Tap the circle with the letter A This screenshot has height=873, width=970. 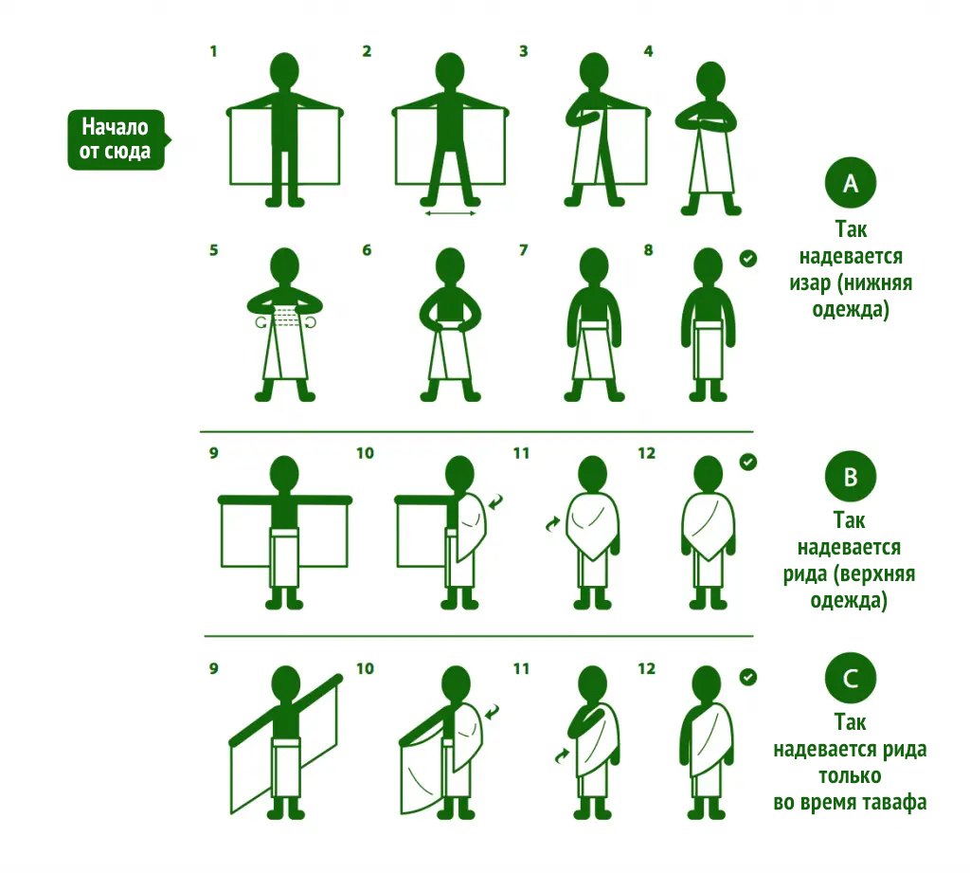[851, 183]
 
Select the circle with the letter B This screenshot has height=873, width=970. [851, 476]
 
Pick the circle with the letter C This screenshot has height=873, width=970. [851, 678]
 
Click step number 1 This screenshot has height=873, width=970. [213, 51]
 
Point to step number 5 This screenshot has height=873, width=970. [213, 250]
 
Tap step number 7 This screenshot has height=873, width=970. [523, 250]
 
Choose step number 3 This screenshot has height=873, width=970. [523, 51]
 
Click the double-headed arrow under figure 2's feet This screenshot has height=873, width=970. [450, 213]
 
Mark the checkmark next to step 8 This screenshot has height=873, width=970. [748, 258]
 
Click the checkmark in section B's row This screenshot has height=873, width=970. [748, 462]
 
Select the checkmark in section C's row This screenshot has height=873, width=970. [748, 678]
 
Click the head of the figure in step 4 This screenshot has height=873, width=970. [710, 80]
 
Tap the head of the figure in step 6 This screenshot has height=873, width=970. [450, 267]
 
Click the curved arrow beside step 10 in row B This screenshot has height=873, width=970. [496, 501]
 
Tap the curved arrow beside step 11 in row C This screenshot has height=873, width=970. [562, 756]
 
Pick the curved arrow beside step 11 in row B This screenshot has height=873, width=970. [552, 524]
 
